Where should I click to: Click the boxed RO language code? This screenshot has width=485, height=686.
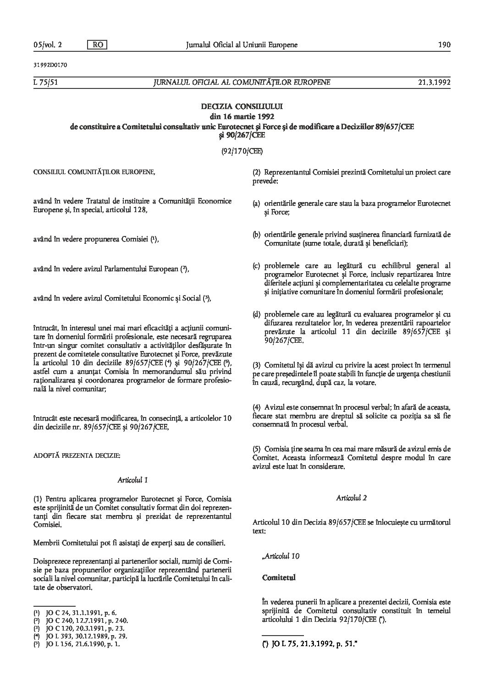(97, 45)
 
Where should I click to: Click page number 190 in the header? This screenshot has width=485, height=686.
(445, 45)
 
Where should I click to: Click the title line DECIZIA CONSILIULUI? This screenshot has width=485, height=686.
(242, 107)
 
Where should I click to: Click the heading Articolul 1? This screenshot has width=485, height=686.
(132, 480)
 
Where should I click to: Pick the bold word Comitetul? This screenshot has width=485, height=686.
(279, 578)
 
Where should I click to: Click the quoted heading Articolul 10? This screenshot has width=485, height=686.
(281, 556)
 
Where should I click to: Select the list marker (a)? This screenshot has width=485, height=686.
(256, 203)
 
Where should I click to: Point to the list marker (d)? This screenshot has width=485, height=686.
(256, 315)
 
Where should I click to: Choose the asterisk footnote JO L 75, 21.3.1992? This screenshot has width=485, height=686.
(309, 644)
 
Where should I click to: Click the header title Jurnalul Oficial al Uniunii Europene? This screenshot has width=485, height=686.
(242, 45)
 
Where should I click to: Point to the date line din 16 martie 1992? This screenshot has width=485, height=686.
(242, 116)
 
